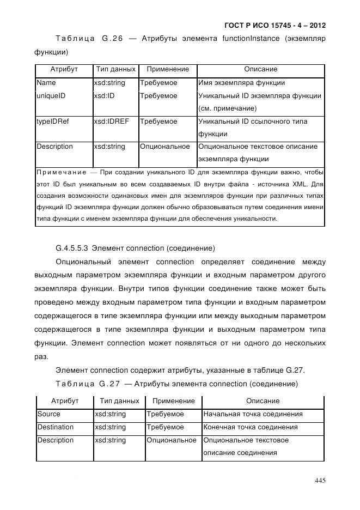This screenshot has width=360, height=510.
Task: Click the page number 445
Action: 320,481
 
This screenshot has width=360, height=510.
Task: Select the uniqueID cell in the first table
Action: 51,96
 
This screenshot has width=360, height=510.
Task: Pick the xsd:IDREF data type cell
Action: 111,122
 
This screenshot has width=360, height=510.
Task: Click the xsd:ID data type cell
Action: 105,96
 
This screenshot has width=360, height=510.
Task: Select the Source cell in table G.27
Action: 49,414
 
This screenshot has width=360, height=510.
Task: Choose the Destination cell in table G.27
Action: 56,427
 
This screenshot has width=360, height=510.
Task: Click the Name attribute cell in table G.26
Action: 46,83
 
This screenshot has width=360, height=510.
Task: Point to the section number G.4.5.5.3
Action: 73,248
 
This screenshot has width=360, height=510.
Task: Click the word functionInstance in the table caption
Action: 249,39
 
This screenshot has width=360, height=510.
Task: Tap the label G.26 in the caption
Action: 113,39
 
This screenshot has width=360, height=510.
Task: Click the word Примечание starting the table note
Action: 59,172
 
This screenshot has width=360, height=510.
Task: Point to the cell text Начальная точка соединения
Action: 253,414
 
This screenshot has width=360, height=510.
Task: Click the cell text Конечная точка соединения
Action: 251,427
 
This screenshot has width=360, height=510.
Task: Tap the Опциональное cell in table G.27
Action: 171,440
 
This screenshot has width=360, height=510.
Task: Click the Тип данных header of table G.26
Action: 115,70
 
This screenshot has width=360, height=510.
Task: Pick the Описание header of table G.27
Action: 263,401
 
